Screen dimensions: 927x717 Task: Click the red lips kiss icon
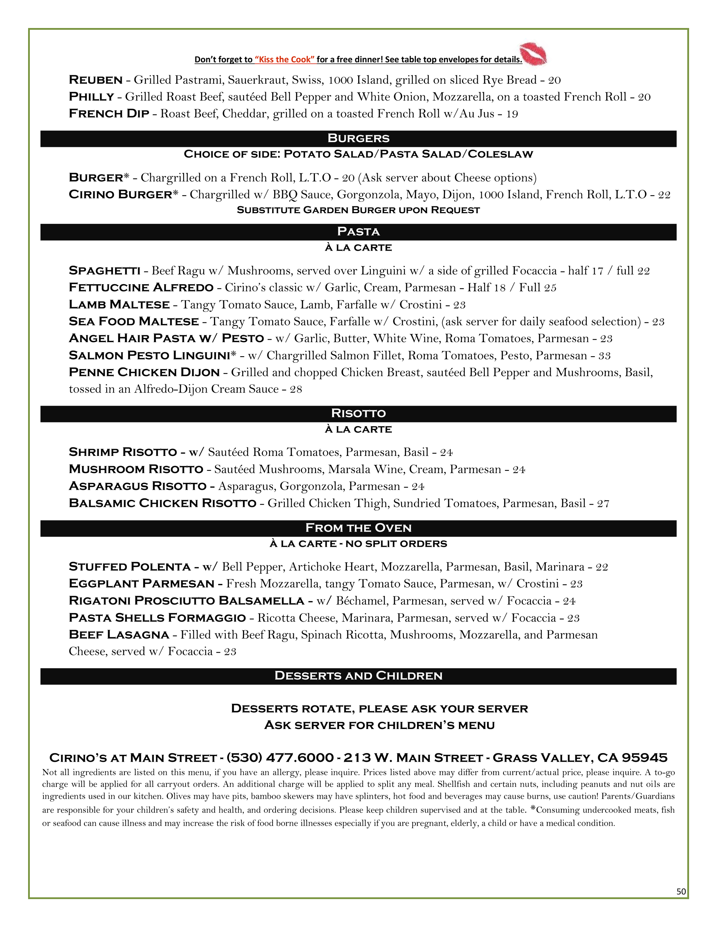tap(533, 54)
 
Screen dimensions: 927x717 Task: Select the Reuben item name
tap(96, 80)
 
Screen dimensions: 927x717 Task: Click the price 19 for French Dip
tap(512, 114)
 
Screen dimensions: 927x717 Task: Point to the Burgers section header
tap(358, 138)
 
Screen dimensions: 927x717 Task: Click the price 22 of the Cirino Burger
tap(664, 195)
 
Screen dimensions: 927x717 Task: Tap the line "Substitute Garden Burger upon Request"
tap(358, 210)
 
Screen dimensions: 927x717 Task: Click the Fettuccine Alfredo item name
tap(141, 288)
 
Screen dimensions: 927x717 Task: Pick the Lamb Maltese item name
tap(119, 305)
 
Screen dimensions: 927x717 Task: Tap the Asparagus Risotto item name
tap(137, 486)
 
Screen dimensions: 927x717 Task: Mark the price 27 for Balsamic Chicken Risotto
tap(603, 504)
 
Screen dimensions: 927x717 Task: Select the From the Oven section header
tap(358, 528)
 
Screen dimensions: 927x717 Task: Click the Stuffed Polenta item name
tap(130, 567)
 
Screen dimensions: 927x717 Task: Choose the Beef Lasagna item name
tap(119, 635)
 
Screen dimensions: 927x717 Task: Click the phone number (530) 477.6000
tap(280, 758)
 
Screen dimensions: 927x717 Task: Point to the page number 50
tap(681, 892)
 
